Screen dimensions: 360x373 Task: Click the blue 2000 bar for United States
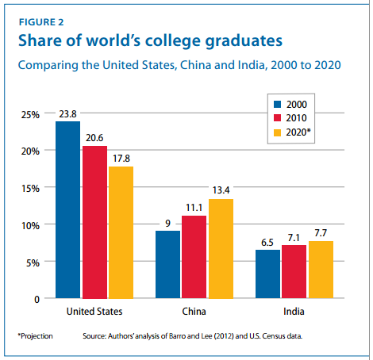67,210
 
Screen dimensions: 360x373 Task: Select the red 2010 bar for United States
94,222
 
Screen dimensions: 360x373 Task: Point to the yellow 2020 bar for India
321,270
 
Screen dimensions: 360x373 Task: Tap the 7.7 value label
321,232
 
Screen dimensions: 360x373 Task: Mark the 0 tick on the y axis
36,299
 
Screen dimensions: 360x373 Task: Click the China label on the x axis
194,311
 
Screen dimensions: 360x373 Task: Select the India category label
295,311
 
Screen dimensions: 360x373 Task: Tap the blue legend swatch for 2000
277,103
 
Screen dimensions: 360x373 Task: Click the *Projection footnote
35,336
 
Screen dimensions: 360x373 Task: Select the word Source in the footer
96,336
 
